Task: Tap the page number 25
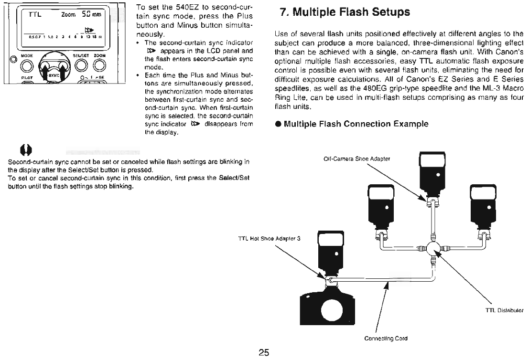click(264, 353)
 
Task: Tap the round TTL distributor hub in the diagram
click(434, 249)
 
